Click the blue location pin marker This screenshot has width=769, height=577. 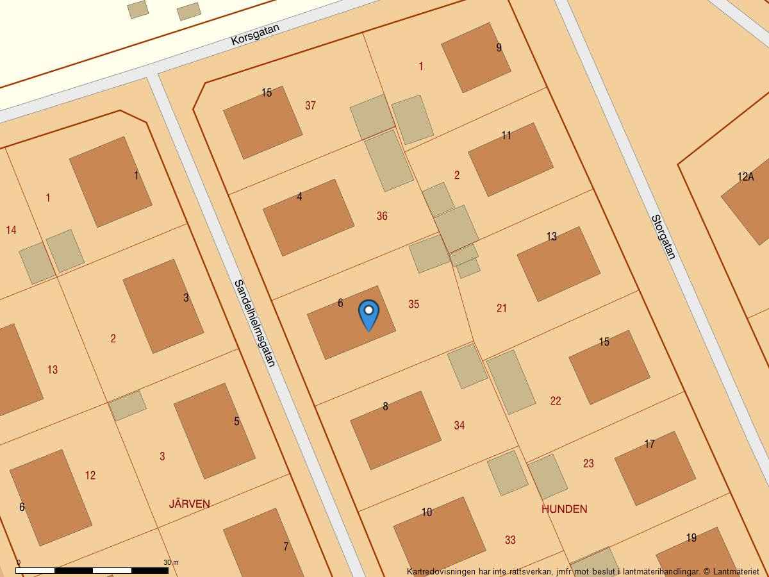pyautogui.click(x=368, y=315)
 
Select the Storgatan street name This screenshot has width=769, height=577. pyautogui.click(x=663, y=237)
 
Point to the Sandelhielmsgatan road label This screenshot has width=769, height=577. pyautogui.click(x=254, y=323)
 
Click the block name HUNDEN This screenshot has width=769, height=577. pyautogui.click(x=564, y=509)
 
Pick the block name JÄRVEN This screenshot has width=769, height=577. pyautogui.click(x=189, y=504)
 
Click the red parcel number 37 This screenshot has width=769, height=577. pyautogui.click(x=310, y=106)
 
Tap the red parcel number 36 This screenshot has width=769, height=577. pyautogui.click(x=382, y=216)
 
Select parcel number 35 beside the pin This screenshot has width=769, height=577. pyautogui.click(x=413, y=305)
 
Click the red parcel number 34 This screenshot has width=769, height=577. pyautogui.click(x=459, y=425)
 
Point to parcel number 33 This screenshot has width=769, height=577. pyautogui.click(x=510, y=540)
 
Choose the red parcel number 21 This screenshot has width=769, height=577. pyautogui.click(x=502, y=308)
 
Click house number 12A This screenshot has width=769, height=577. pyautogui.click(x=745, y=177)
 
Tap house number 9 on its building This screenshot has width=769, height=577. pyautogui.click(x=499, y=47)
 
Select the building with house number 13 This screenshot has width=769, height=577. pyautogui.click(x=558, y=263)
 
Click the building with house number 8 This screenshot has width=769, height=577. pyautogui.click(x=395, y=430)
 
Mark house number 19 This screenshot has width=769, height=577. pyautogui.click(x=691, y=538)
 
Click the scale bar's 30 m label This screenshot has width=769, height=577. pyautogui.click(x=170, y=562)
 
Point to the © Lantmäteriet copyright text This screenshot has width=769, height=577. pyautogui.click(x=731, y=571)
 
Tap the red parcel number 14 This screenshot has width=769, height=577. pyautogui.click(x=11, y=230)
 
